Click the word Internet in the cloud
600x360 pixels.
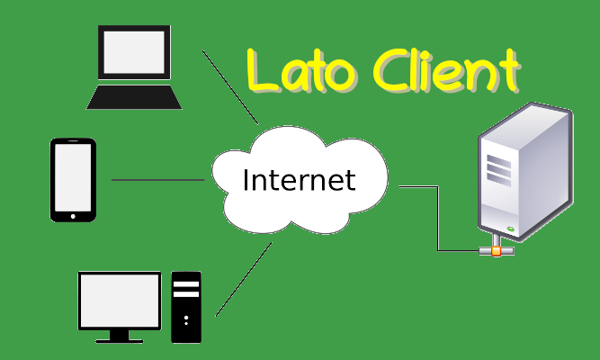pyautogui.click(x=300, y=179)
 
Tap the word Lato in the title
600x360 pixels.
pyautogui.click(x=302, y=70)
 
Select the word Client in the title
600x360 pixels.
pyautogui.click(x=447, y=70)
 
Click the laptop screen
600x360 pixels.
pyautogui.click(x=134, y=52)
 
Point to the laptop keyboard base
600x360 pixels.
pyautogui.click(x=134, y=97)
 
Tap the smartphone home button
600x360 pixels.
pyautogui.click(x=73, y=216)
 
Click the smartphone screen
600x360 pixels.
pyautogui.click(x=73, y=177)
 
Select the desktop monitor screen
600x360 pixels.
pyautogui.click(x=120, y=301)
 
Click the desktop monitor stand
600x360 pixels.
pyautogui.click(x=120, y=337)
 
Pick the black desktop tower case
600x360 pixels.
pyautogui.click(x=186, y=307)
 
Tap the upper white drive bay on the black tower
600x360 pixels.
pyautogui.click(x=186, y=284)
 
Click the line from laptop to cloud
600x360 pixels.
pyautogui.click(x=230, y=87)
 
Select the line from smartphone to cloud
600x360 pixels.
pyautogui.click(x=157, y=180)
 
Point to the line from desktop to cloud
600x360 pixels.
pyautogui.click(x=244, y=279)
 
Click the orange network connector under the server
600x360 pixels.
pyautogui.click(x=496, y=251)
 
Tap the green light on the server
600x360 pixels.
pyautogui.click(x=510, y=229)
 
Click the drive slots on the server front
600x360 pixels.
pyautogui.click(x=498, y=170)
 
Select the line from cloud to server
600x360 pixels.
pyautogui.click(x=438, y=219)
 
